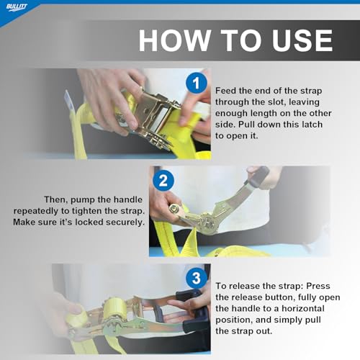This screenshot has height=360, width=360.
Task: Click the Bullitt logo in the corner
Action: click(x=17, y=7)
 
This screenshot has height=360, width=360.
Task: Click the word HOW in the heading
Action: click(x=174, y=40)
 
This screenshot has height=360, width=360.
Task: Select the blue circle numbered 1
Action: click(x=197, y=83)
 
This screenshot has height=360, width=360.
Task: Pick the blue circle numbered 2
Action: click(x=163, y=181)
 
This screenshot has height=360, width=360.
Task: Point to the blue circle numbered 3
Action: click(x=197, y=278)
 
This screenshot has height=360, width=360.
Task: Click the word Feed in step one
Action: click(x=225, y=91)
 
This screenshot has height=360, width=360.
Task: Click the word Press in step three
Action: click(x=318, y=286)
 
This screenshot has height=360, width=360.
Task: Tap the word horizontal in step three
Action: click(x=303, y=308)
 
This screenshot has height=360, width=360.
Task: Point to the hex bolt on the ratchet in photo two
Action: click(x=173, y=208)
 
